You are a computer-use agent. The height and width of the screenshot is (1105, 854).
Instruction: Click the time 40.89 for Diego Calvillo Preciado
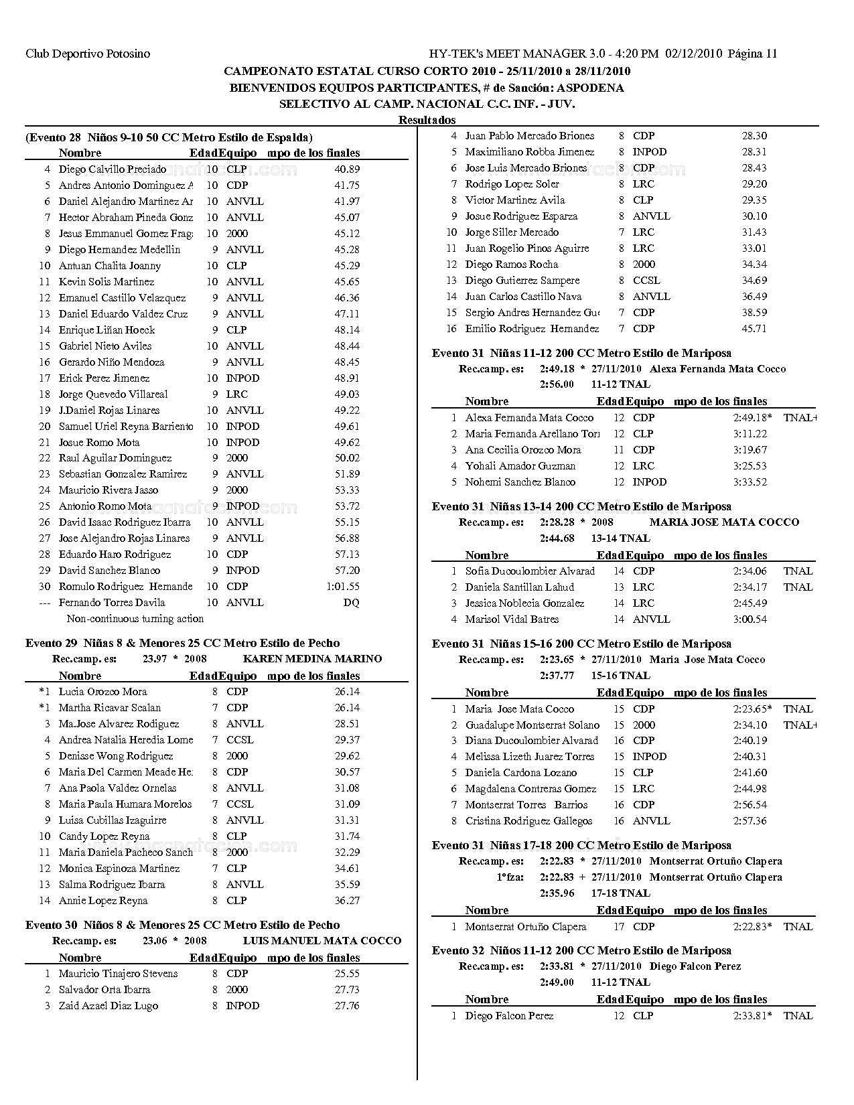[347, 169]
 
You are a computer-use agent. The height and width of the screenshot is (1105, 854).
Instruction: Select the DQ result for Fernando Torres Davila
[352, 603]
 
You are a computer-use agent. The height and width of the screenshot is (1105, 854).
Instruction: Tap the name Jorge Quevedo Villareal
[113, 394]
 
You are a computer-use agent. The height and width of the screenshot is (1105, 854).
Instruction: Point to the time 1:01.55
[343, 587]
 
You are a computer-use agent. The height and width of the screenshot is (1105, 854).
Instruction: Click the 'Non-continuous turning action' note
[135, 619]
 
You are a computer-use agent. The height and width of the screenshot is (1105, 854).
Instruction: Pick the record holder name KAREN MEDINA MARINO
[312, 659]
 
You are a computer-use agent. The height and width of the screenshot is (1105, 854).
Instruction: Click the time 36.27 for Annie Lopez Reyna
[347, 901]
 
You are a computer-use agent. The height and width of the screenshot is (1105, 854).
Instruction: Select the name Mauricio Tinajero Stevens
[118, 974]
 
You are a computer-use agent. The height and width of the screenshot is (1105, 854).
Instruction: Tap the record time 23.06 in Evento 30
[155, 941]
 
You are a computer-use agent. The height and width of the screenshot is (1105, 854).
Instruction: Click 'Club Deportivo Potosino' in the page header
[88, 54]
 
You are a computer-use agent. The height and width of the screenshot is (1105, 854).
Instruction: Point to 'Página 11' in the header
[752, 54]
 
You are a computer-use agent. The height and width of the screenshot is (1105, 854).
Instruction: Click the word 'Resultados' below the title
[427, 120]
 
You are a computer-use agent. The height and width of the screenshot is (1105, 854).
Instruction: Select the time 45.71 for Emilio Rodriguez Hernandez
[754, 329]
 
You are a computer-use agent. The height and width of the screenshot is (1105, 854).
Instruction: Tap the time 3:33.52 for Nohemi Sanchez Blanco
[750, 482]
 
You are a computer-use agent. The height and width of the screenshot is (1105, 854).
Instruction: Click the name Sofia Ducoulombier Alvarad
[530, 571]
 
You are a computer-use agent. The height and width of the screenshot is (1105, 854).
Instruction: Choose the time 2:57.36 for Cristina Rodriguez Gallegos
[750, 821]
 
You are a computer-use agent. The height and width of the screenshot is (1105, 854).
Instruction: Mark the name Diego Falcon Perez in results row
[509, 1016]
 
